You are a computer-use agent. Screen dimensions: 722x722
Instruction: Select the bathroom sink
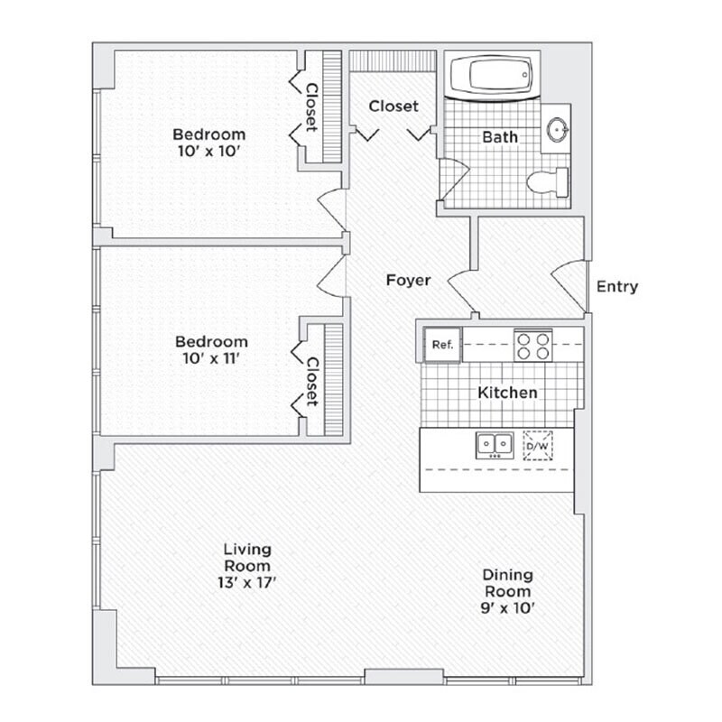point(559,130)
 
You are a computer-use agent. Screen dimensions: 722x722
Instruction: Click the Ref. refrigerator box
point(442,345)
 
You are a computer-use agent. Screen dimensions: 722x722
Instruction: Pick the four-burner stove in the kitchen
point(532,345)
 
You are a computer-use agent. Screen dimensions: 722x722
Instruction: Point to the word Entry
point(617,287)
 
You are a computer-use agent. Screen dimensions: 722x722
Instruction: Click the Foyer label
point(408,280)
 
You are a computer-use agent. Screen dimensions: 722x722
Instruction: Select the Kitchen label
point(507,393)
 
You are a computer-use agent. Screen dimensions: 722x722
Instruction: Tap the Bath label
point(500,137)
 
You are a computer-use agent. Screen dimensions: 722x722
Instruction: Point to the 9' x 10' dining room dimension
point(506,607)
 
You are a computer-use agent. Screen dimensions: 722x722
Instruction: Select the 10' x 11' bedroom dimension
point(211,358)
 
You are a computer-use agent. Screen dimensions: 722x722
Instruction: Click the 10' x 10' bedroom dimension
point(209,152)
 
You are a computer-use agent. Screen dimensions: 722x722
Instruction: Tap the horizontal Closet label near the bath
point(393,106)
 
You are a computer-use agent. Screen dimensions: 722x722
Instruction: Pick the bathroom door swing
point(454,179)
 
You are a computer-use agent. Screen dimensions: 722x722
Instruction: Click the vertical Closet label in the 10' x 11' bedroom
point(312,382)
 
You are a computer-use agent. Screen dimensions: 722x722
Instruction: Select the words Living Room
point(247,557)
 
